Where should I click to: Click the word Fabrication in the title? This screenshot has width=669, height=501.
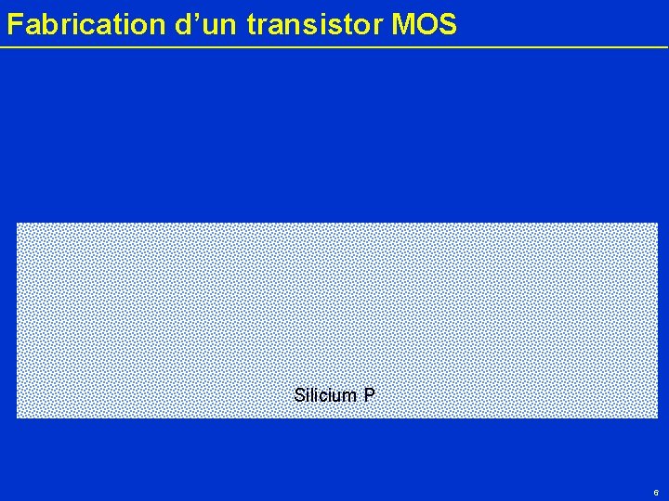(86, 25)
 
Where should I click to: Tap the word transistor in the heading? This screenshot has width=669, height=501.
(315, 25)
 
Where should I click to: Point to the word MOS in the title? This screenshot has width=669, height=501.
(425, 25)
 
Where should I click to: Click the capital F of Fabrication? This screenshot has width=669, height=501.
(14, 25)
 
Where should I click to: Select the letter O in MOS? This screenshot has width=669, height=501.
(426, 25)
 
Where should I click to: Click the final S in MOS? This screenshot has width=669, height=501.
(447, 25)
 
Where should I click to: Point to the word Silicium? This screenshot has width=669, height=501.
(325, 395)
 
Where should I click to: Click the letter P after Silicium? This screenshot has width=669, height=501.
(369, 395)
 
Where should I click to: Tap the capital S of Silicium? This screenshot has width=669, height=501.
(299, 395)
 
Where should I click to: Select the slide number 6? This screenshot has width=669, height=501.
(656, 493)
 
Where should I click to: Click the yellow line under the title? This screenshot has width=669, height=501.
(334, 46)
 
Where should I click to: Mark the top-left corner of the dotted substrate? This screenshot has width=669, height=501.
(18, 224)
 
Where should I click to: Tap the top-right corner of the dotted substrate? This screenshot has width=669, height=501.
(657, 224)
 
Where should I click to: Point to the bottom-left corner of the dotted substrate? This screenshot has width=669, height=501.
(18, 417)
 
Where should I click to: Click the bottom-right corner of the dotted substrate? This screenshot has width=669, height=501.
(657, 417)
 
